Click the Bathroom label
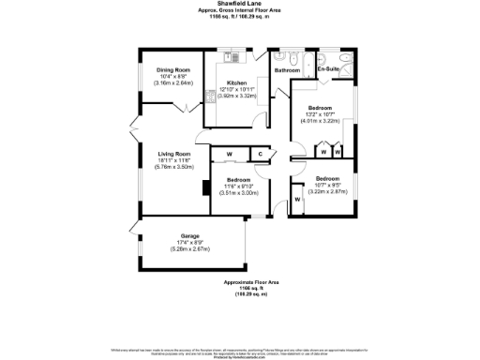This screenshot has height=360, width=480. pyautogui.click(x=287, y=70)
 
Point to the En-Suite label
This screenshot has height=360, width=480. pyautogui.click(x=327, y=70)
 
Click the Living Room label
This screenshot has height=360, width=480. pyautogui.click(x=173, y=154)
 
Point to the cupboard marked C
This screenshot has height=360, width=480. pyautogui.click(x=260, y=154)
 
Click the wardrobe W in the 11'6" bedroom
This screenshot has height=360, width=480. pyautogui.click(x=229, y=154)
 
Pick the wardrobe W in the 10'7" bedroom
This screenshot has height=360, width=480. pyautogui.click(x=297, y=199)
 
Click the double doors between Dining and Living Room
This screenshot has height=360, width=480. pyautogui.click(x=187, y=110)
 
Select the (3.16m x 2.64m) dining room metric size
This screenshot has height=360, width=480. pyautogui.click(x=173, y=83)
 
